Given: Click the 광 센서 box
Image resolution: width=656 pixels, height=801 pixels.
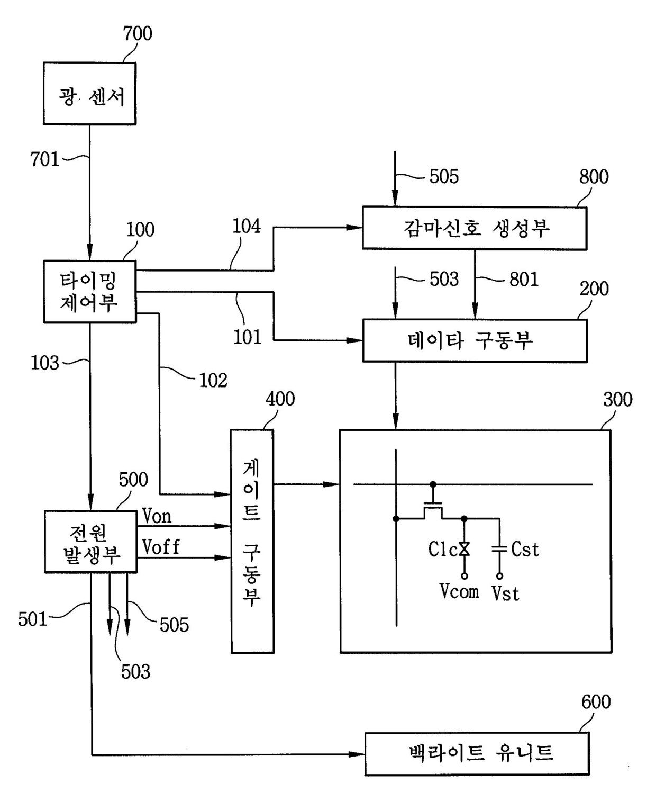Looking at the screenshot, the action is click(89, 93).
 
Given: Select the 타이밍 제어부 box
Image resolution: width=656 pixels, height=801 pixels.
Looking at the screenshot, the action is click(90, 292).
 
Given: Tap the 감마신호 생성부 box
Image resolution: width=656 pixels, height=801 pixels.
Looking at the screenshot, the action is click(475, 228).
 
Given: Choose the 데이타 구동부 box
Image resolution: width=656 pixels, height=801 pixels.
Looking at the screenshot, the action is click(475, 340).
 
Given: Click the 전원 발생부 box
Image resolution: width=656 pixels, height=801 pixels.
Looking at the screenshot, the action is click(91, 542).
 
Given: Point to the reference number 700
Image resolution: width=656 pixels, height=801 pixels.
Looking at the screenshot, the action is click(138, 33).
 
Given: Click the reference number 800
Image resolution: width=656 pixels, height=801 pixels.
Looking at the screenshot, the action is click(594, 177).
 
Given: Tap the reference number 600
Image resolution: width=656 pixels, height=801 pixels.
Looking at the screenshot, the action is click(596, 702).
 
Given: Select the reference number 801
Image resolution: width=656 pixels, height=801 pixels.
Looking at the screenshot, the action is click(524, 280).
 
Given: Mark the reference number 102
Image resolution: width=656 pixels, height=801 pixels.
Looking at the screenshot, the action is click(213, 381).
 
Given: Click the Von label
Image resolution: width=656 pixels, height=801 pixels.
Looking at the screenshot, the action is click(157, 516).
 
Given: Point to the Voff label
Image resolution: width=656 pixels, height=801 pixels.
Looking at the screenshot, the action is click(161, 547).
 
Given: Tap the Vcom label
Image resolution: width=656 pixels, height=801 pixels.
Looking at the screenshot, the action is click(459, 591).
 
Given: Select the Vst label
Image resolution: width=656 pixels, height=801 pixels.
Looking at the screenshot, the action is click(505, 593).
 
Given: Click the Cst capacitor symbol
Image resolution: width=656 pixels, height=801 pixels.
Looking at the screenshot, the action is click(499, 549).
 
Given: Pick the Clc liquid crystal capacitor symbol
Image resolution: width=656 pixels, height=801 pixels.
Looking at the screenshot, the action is click(464, 549).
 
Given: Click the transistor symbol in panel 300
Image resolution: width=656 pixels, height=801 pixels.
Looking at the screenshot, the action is click(433, 507).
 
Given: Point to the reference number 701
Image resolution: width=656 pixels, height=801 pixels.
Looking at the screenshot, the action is click(45, 159).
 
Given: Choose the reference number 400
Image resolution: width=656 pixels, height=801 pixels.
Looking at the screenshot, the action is click(280, 399).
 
